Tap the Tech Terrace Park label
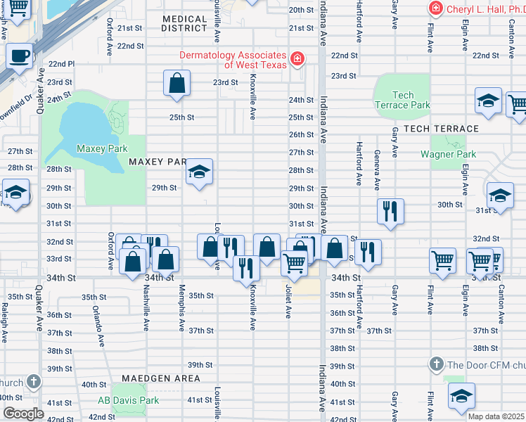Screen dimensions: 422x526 (x=402, y=100)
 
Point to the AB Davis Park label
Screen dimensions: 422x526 (x=129, y=400)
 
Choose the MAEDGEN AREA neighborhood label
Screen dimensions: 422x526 (x=161, y=378)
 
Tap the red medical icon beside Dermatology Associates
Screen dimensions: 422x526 (x=298, y=58)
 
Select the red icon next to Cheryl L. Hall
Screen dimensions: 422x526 (x=436, y=8)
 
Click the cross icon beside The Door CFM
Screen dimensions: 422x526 (x=436, y=364)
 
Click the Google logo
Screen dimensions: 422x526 (x=23, y=414)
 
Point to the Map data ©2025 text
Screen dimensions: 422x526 (x=495, y=416)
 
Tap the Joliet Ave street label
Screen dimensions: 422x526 (x=288, y=301)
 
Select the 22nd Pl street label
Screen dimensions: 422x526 (x=61, y=63)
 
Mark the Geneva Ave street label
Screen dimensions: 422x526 (x=378, y=170)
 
